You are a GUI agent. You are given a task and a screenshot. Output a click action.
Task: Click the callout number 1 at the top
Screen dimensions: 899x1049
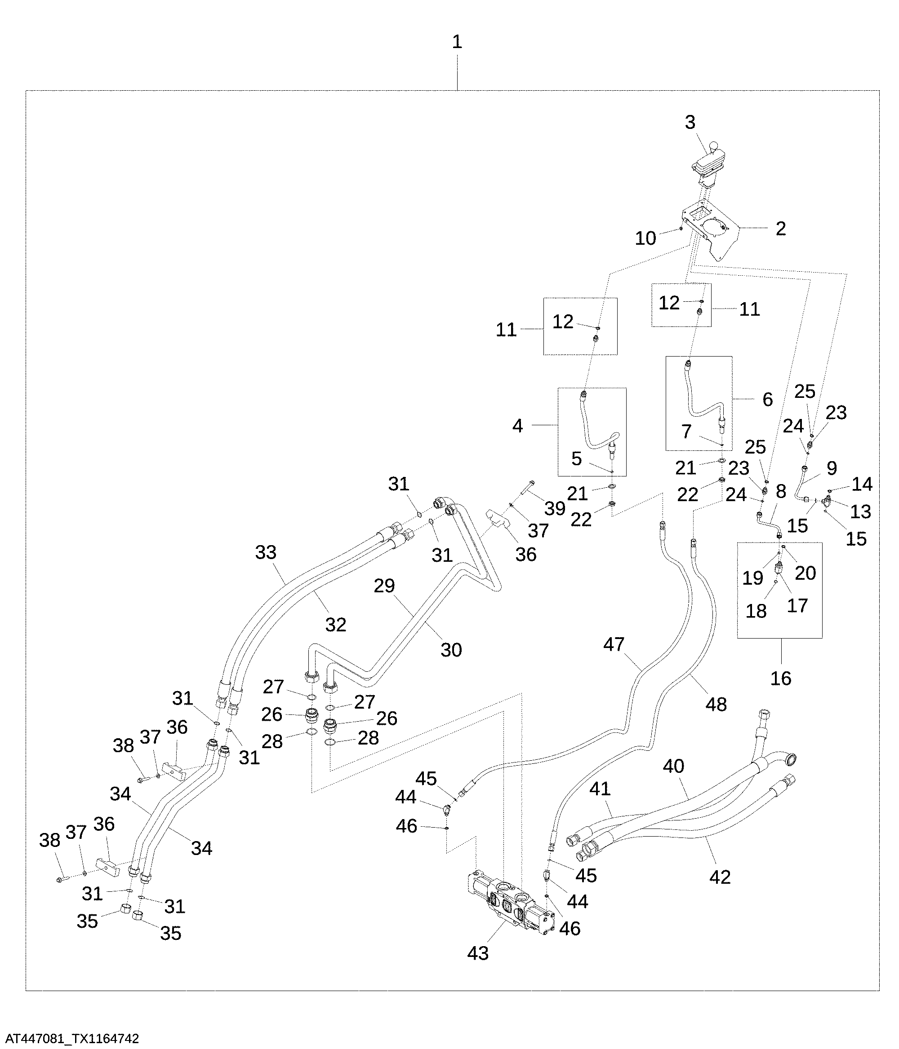coord(457,42)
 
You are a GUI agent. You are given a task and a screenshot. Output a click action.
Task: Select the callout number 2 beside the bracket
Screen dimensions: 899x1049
coord(780,229)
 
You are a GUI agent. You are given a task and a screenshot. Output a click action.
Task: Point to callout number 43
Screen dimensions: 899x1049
coord(478,953)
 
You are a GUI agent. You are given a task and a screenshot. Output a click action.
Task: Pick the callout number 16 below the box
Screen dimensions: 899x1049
coord(780,678)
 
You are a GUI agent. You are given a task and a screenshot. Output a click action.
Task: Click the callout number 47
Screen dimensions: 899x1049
coord(614,644)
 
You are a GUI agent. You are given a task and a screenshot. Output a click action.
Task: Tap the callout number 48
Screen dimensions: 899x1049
coord(716,704)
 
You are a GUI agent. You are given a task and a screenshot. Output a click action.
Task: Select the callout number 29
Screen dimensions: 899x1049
coord(384,586)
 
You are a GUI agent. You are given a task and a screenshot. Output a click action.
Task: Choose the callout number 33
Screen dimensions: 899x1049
coord(266,552)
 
